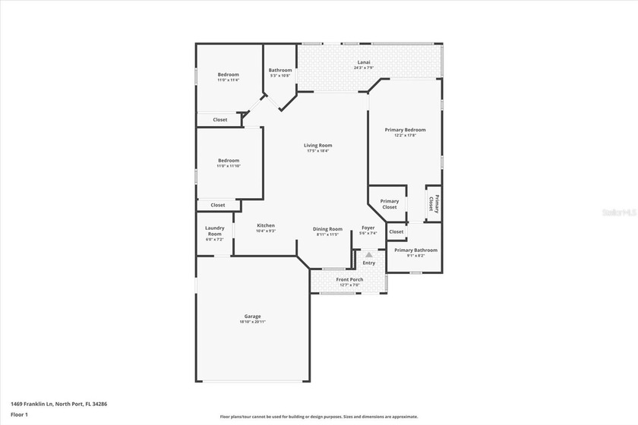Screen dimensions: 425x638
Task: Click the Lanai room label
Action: tap(364, 62)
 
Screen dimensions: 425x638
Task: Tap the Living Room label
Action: tap(318, 145)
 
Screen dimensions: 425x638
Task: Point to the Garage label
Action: tap(252, 316)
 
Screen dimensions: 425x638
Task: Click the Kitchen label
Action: tap(265, 225)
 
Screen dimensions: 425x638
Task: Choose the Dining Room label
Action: tap(328, 228)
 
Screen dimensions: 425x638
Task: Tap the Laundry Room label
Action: tap(214, 231)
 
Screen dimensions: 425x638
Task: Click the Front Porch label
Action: tap(350, 279)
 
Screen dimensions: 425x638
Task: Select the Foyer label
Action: tap(368, 228)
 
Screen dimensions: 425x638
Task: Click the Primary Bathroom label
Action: tap(415, 250)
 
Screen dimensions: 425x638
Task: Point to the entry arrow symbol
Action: tap(368, 255)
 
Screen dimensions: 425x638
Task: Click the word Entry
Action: tap(368, 263)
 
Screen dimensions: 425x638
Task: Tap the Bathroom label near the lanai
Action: tap(280, 70)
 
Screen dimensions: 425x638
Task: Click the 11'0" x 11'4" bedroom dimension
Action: tap(229, 80)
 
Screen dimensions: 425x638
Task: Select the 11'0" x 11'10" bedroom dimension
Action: tap(229, 165)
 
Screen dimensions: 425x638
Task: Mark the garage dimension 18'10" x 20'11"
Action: tap(252, 322)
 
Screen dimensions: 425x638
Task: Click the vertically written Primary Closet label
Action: tap(434, 203)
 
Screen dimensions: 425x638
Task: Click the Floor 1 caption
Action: tap(19, 415)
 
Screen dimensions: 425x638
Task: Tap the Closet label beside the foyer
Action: tap(396, 231)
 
